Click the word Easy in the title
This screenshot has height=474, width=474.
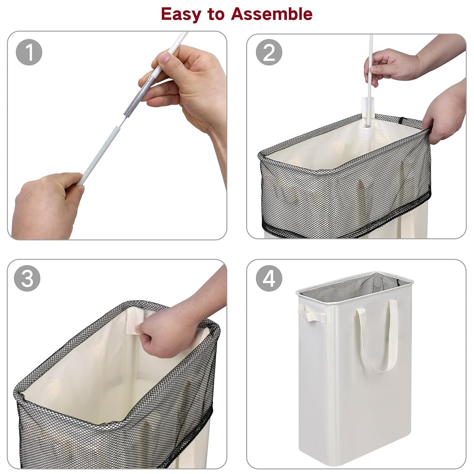pyautogui.click(x=181, y=14)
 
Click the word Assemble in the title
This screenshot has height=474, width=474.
pyautogui.click(x=271, y=14)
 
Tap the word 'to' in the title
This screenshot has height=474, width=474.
pyautogui.click(x=216, y=14)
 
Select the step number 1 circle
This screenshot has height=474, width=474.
pyautogui.click(x=29, y=52)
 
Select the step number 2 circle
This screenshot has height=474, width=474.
pyautogui.click(x=269, y=52)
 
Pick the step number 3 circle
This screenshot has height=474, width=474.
pyautogui.click(x=27, y=278)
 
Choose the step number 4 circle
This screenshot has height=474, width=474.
pyautogui.click(x=269, y=278)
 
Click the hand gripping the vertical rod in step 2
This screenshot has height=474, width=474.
pyautogui.click(x=393, y=67)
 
